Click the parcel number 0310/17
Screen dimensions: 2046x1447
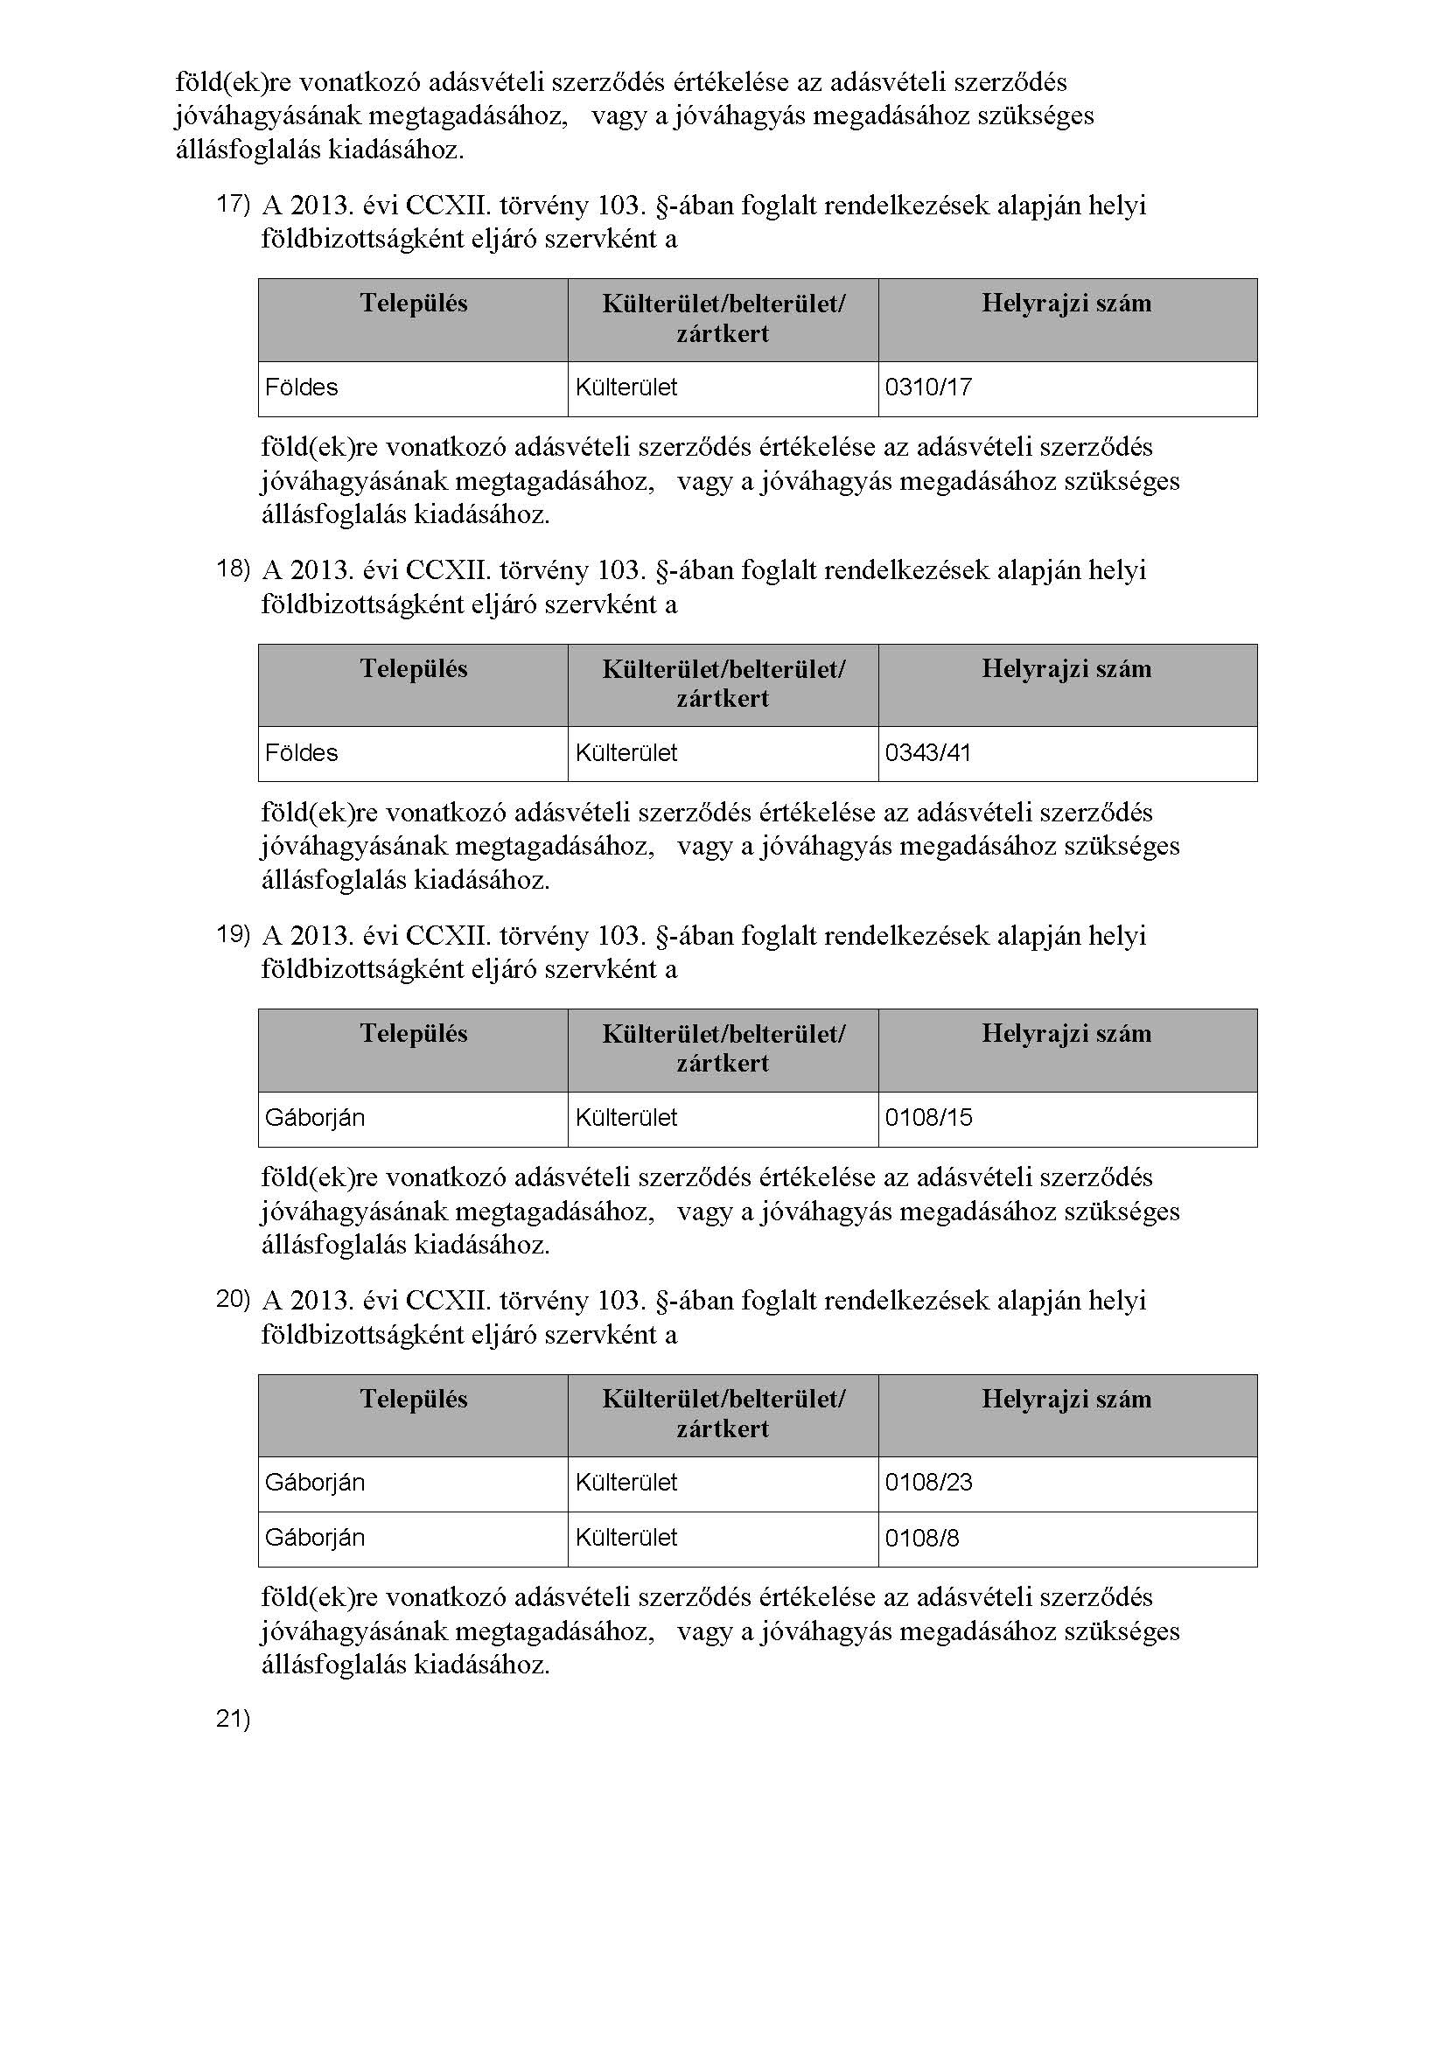[x=927, y=388]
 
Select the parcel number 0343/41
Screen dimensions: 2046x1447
[x=927, y=753]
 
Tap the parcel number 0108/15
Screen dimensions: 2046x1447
[x=927, y=1117]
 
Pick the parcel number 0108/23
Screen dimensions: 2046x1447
[x=927, y=1483]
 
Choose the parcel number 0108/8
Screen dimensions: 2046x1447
[x=921, y=1538]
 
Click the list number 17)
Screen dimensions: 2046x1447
[x=234, y=204]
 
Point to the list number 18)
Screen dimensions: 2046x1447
[x=234, y=569]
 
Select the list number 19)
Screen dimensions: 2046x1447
[x=234, y=934]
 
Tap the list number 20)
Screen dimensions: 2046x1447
[x=234, y=1299]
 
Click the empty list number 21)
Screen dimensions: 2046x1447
[x=234, y=1720]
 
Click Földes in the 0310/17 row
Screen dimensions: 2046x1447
[x=301, y=388]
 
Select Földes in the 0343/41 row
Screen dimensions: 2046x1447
[x=301, y=753]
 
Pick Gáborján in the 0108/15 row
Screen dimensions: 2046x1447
[x=315, y=1117]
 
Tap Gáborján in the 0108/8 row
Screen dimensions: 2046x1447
[x=315, y=1538]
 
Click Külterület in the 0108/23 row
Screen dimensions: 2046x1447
[x=626, y=1483]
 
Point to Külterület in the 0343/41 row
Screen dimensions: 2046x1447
[x=626, y=753]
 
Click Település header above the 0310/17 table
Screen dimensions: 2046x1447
[x=414, y=304]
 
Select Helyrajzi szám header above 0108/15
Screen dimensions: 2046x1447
[x=1066, y=1034]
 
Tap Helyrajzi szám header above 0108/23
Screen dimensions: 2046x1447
[x=1066, y=1399]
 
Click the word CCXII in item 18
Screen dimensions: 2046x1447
[x=446, y=570]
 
